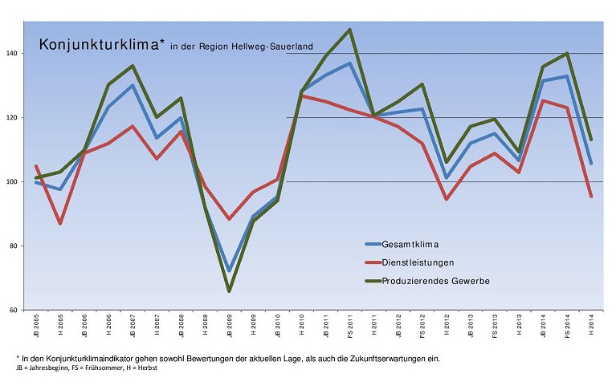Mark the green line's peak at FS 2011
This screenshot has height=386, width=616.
coord(350,30)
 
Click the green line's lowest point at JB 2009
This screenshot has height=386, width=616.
coord(230,291)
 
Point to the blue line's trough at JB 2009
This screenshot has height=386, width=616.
coord(230,270)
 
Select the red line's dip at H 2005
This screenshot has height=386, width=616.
coord(60,223)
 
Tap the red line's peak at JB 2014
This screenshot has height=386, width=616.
coord(544,100)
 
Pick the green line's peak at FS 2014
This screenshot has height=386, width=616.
coord(568,54)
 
